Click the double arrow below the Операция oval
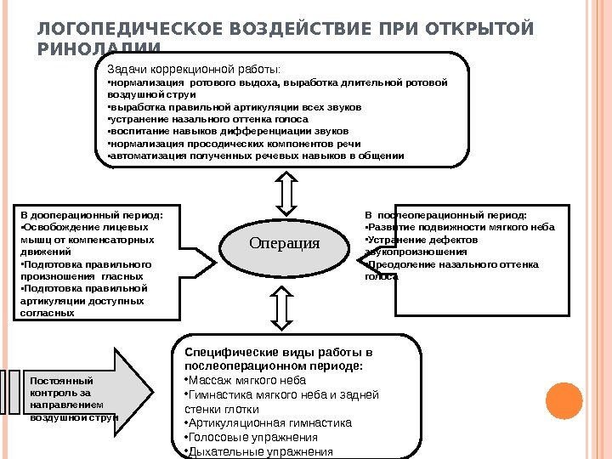click(282, 307)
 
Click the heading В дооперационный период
click(91, 215)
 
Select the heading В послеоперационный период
click(445, 216)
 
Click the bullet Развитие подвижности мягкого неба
click(459, 228)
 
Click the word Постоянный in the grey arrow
click(61, 380)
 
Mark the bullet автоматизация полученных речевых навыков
click(255, 156)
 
